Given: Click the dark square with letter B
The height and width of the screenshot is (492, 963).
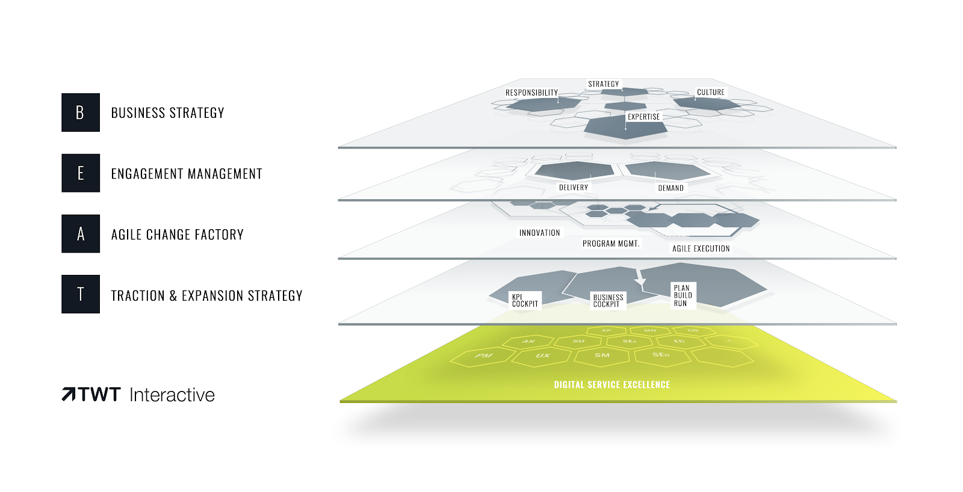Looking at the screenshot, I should click(x=81, y=112).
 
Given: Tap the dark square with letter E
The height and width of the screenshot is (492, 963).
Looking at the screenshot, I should click(x=81, y=173).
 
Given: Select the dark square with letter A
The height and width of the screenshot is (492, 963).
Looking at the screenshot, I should click(x=81, y=234).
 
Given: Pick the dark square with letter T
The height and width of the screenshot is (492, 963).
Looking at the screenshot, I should click(x=81, y=294).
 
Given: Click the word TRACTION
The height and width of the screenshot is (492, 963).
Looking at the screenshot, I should click(x=138, y=295).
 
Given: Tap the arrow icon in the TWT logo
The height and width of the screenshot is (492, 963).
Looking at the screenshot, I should click(x=69, y=395).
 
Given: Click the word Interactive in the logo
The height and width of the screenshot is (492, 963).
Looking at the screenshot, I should click(x=172, y=395).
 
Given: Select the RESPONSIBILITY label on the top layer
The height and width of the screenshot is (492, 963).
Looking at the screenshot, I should click(x=531, y=93).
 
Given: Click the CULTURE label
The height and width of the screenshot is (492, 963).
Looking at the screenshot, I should click(x=710, y=92).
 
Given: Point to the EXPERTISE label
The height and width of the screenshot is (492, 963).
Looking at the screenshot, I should click(x=643, y=117).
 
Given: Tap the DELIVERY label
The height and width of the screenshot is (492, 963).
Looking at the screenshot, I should click(x=573, y=188).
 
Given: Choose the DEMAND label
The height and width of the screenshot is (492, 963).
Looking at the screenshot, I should click(x=670, y=188).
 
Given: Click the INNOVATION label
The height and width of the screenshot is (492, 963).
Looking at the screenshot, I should click(x=539, y=233).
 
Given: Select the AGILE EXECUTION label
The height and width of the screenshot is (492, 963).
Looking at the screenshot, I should click(x=701, y=248).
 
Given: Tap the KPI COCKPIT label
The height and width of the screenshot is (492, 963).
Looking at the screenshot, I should click(x=525, y=300).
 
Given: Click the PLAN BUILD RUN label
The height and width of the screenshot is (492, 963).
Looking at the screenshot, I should click(x=683, y=295).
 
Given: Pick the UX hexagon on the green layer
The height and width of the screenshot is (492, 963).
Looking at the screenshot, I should click(x=543, y=356).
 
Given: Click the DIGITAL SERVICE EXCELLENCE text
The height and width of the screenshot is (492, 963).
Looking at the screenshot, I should click(x=612, y=385).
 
